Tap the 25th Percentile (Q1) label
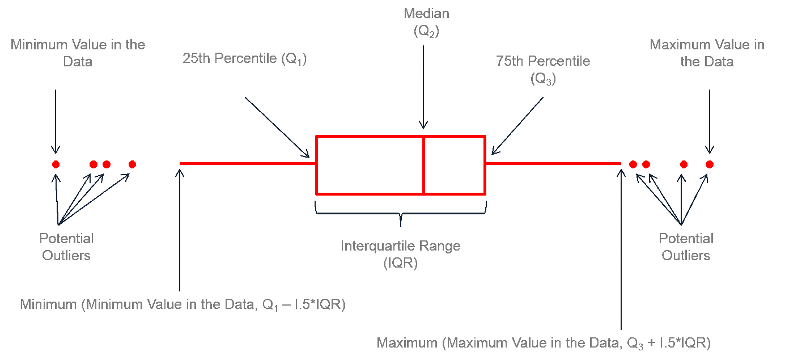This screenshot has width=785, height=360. tap(244, 59)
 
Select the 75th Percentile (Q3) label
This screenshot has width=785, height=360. tap(543, 70)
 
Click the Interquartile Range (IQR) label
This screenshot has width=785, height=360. tap(400, 255)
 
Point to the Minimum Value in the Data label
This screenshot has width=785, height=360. tap(78, 53)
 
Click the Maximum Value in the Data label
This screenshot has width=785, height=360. tap(707, 53)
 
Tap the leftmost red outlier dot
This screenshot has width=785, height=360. tap(56, 164)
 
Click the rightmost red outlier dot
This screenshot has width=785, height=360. tap(710, 164)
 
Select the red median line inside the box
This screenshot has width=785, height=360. tap(423, 164)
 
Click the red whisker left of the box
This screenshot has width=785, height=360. tap(247, 163)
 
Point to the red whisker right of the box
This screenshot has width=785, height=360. tap(553, 163)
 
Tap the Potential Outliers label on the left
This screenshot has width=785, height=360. tap(66, 247)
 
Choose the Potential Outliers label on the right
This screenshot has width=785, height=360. tap(686, 247)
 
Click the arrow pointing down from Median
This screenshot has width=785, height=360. tap(423, 85)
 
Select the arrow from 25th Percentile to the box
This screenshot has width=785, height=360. tap(277, 128)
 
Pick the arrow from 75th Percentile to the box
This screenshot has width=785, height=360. tap(517, 126)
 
